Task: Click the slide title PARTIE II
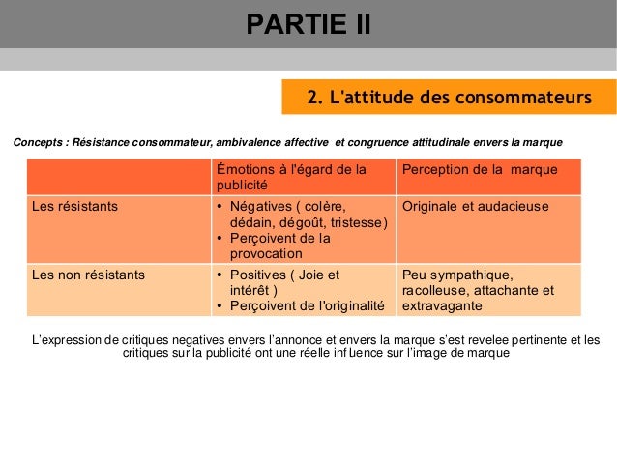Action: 308,23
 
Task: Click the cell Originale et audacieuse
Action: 476,206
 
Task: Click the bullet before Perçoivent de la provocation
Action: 220,238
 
